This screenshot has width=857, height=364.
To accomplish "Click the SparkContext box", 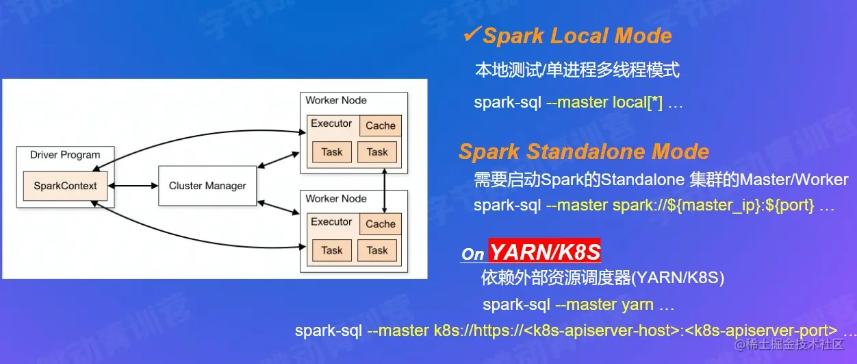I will coord(65,185).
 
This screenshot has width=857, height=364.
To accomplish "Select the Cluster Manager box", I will coord(207,186).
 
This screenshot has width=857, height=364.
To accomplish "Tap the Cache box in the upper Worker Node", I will coord(381,125).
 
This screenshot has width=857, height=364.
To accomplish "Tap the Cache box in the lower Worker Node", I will coord(381,223).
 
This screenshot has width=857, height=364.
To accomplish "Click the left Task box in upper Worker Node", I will coord(332,152).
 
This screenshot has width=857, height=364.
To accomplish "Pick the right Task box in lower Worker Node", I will coord(377,250).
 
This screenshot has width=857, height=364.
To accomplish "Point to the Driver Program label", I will coord(65,155).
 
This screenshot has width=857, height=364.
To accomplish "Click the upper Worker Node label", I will coord(336,100).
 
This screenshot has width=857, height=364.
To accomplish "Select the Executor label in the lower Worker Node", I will coord(331,222).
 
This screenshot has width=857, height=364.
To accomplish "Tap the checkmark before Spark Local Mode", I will coord(472,34).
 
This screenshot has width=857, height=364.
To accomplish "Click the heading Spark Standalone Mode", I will coord(583,151).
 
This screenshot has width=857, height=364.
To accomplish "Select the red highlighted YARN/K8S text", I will coord(545,252).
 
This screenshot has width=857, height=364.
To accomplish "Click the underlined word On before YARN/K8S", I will coord(472,254).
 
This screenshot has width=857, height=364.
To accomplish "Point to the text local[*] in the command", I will coord(637,103).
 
